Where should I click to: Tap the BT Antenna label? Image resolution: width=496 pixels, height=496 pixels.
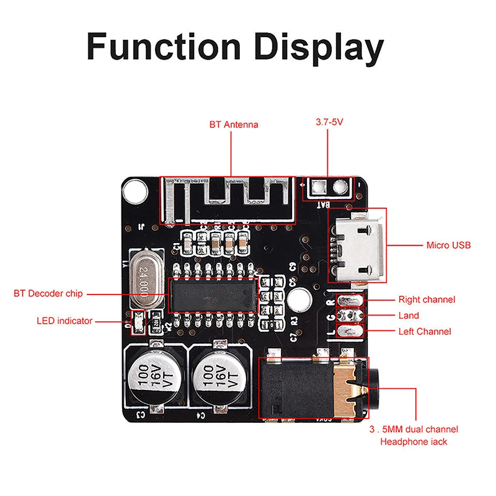234,125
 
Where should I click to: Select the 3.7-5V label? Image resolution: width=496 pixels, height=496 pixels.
329,123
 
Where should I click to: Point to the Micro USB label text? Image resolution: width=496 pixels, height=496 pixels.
448,246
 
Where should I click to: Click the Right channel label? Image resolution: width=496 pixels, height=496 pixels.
427,299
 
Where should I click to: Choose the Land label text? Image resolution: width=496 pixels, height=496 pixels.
409,316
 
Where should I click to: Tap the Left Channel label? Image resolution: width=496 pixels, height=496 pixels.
425,332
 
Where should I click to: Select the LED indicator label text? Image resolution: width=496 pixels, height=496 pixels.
64,321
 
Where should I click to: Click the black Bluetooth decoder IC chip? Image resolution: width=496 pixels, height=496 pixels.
213,294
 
